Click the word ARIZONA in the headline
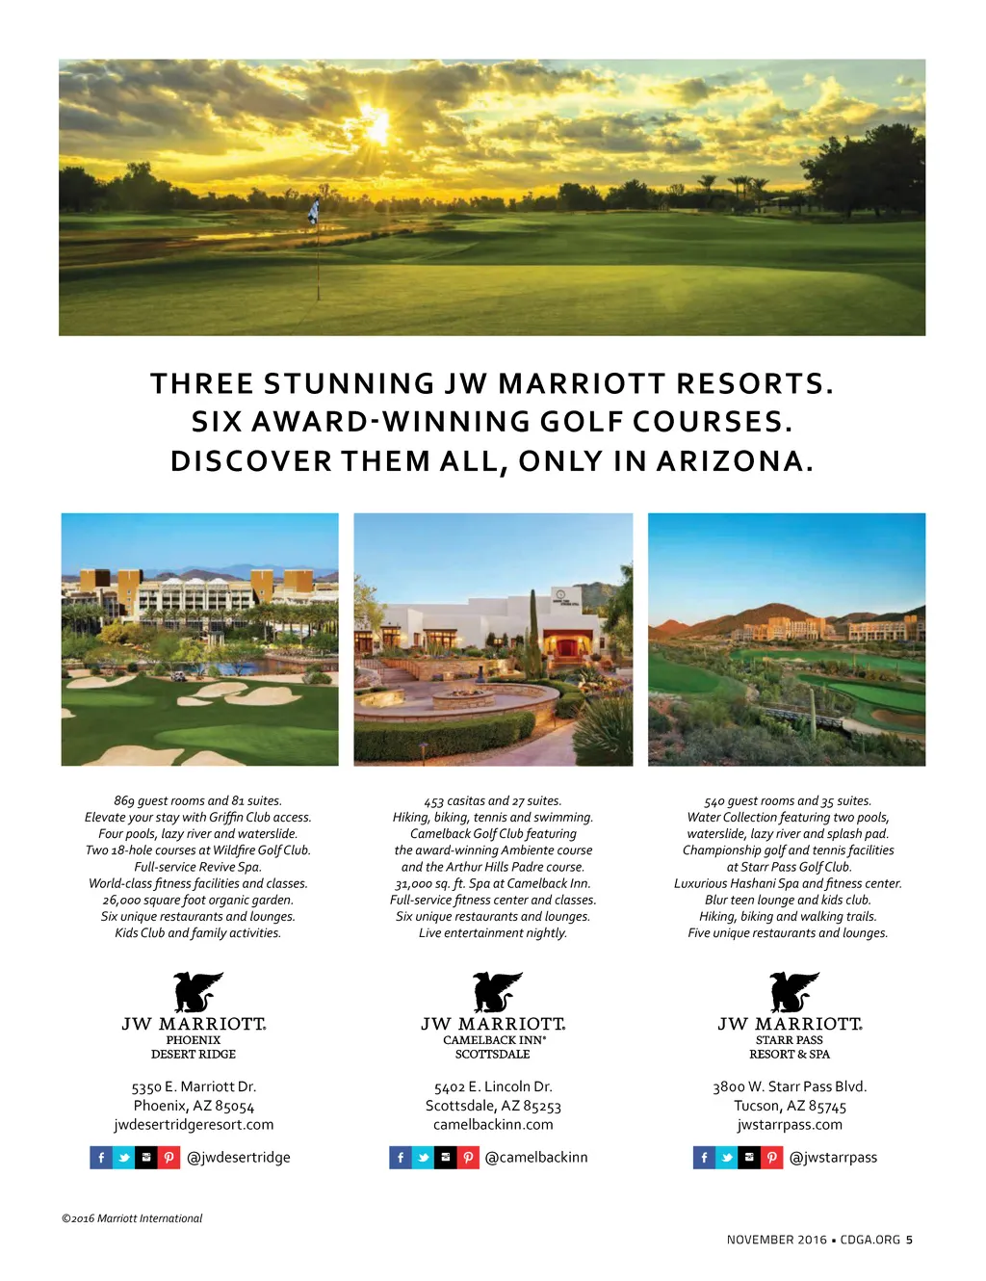(734, 461)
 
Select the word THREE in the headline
(202, 384)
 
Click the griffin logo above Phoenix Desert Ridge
(196, 991)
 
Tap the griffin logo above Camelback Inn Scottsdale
(496, 991)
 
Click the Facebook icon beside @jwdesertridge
(101, 1158)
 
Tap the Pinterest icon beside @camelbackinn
(468, 1158)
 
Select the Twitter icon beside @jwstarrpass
(727, 1158)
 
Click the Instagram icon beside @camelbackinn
(445, 1158)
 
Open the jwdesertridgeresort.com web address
(194, 1125)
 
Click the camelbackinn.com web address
(493, 1125)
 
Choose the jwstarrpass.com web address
(790, 1125)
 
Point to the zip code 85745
(827, 1107)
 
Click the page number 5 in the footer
(909, 1240)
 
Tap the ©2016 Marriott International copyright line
(132, 1218)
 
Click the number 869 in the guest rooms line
(124, 801)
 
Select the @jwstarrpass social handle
(833, 1158)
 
